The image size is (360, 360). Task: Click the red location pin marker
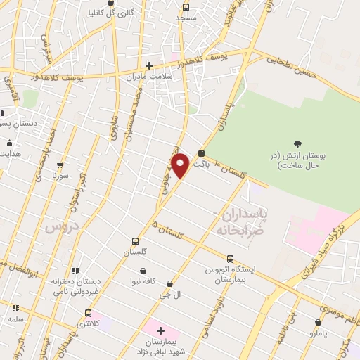coord(180,165)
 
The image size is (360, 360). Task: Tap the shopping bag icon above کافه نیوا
coord(143,271)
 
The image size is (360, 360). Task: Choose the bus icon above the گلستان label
coord(136,241)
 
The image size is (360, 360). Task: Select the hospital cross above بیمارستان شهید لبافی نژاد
coord(160,330)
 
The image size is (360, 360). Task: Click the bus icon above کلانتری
coord(88,314)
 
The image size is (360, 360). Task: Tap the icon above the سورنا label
coord(60,166)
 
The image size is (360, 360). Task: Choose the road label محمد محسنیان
coord(129,113)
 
